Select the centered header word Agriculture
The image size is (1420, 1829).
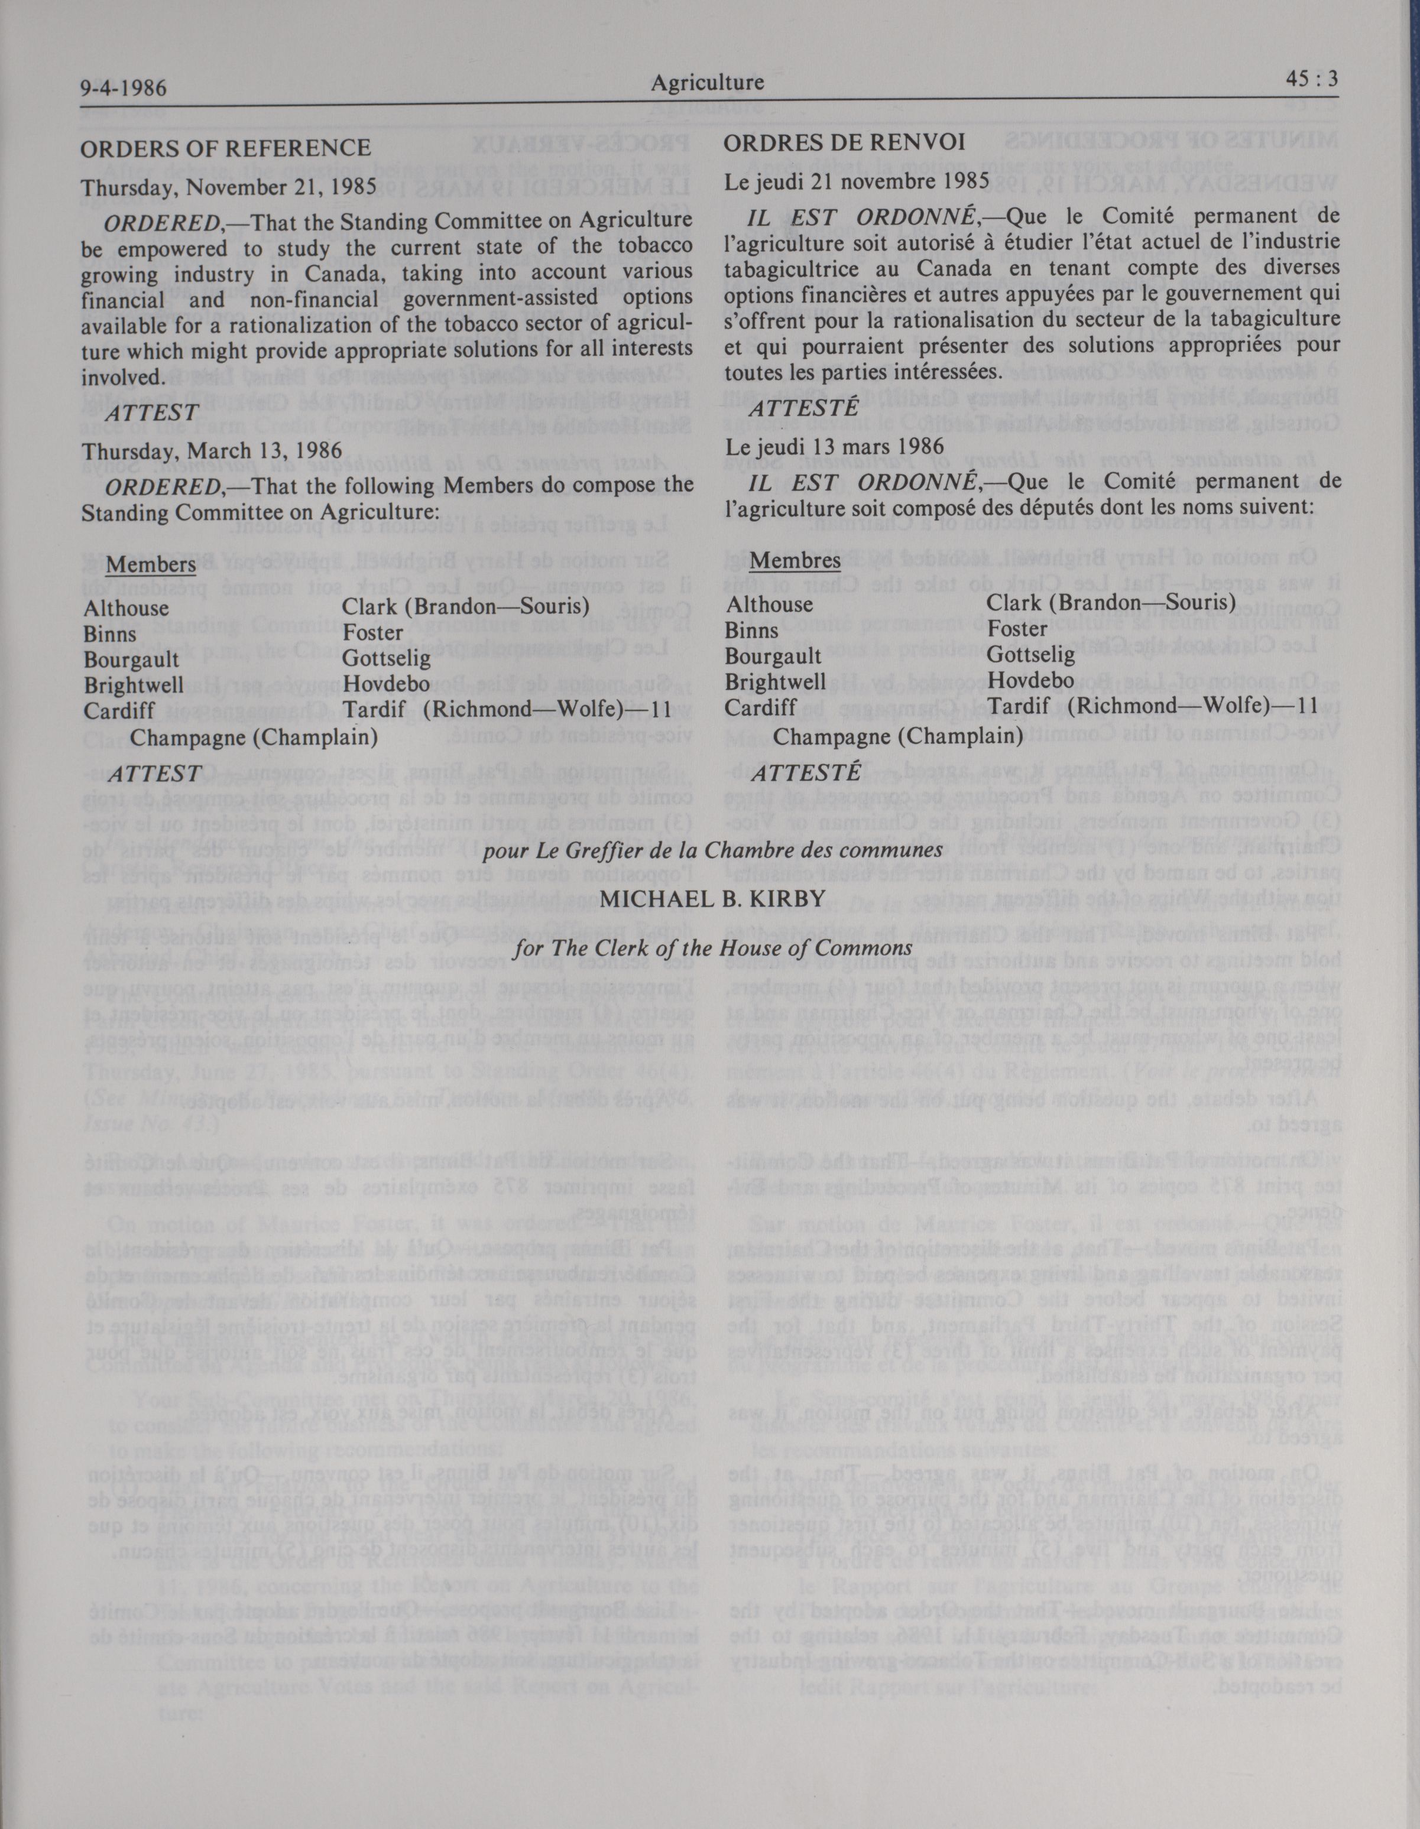click(x=707, y=83)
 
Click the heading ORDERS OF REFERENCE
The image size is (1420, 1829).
click(x=225, y=148)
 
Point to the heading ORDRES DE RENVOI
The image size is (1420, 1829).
click(x=844, y=143)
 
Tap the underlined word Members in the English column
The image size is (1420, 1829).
click(x=151, y=564)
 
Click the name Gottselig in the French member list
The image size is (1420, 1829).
click(x=1030, y=654)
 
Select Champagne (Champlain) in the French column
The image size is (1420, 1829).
click(x=897, y=736)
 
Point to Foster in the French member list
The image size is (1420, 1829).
click(x=1017, y=628)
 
